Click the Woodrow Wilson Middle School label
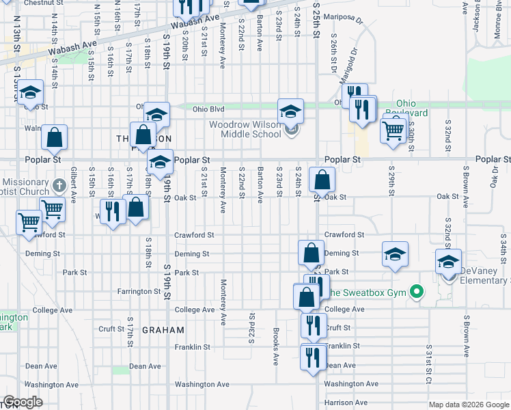(245, 130)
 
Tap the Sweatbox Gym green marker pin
(414, 293)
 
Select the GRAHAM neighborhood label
(163, 330)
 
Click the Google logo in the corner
(23, 402)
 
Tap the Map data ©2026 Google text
(469, 405)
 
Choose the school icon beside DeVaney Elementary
(448, 262)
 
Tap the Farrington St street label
(139, 292)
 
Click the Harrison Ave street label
(346, 402)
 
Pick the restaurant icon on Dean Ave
(313, 357)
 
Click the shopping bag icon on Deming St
(311, 252)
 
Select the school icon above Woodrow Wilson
(290, 111)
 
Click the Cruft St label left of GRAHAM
(110, 329)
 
